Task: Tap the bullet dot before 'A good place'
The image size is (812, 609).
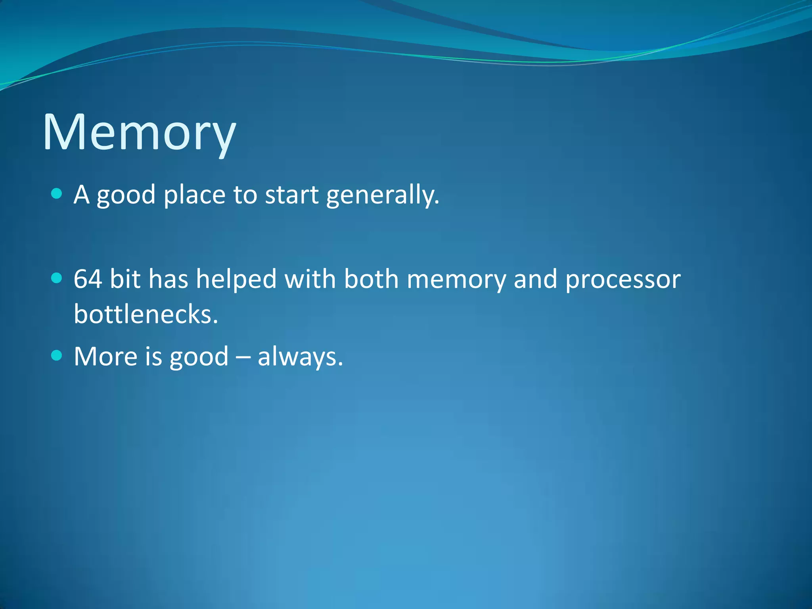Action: point(57,194)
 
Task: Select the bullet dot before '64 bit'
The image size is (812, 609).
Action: point(57,278)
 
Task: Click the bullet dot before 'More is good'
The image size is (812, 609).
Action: point(57,355)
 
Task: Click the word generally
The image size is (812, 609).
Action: point(383,195)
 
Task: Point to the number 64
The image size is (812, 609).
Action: point(88,279)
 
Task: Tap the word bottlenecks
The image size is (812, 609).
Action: point(146,314)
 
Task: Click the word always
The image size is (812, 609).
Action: point(300,356)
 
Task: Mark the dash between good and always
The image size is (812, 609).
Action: point(243,357)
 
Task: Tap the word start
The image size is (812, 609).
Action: point(291,195)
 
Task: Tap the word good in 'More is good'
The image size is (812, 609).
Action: point(199,357)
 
